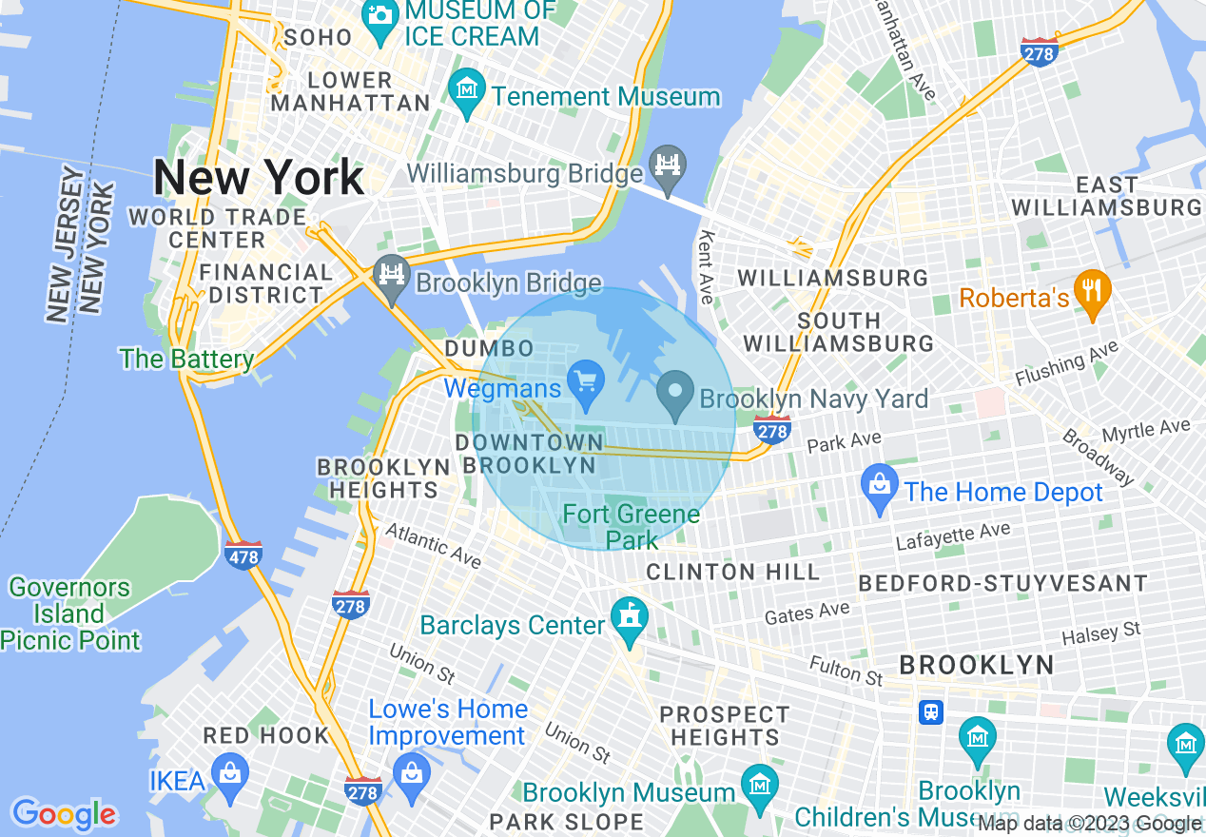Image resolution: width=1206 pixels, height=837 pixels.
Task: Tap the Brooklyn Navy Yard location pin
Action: (675, 395)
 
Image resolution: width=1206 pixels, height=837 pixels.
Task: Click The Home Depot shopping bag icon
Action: (880, 486)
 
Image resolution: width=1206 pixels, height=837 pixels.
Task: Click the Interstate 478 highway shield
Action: (243, 555)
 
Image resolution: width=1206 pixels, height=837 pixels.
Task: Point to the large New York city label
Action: (259, 178)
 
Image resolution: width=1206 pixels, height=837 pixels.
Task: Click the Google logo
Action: (64, 814)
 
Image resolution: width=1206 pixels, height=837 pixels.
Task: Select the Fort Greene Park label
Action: (631, 527)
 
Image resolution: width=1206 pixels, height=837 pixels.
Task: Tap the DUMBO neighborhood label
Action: (489, 349)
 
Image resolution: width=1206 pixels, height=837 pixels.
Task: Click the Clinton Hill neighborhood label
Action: (732, 572)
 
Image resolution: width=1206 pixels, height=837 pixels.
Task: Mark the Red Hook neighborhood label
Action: (266, 736)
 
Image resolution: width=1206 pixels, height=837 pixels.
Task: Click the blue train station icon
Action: (930, 711)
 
